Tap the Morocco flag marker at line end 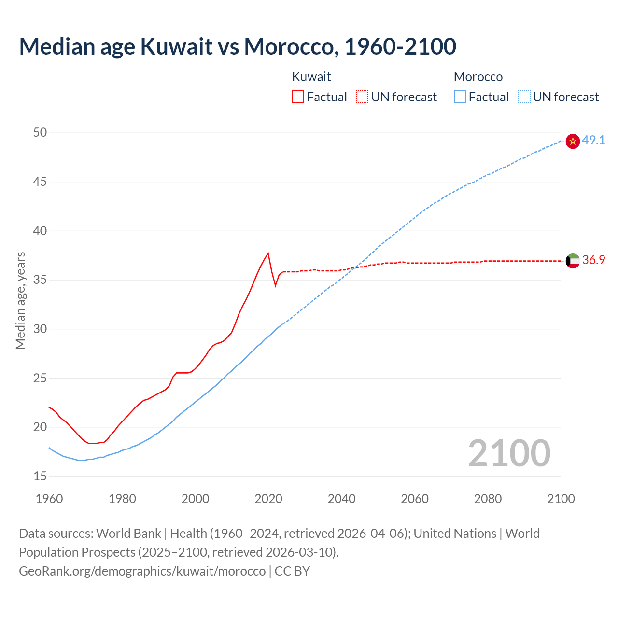(573, 141)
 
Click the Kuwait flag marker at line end (573, 261)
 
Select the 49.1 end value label (593, 140)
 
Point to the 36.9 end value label (593, 260)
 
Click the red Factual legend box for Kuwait (298, 97)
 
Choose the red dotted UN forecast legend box (362, 97)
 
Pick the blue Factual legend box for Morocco (460, 97)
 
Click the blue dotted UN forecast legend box (524, 97)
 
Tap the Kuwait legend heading (311, 77)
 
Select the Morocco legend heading (478, 77)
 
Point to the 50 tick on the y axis (40, 133)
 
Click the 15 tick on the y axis (40, 477)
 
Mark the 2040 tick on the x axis (341, 499)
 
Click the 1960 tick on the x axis (49, 499)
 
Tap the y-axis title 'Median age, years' (20, 300)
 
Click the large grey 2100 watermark (509, 453)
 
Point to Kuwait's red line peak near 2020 (268, 253)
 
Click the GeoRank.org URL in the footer (142, 571)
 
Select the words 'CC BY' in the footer (292, 571)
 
